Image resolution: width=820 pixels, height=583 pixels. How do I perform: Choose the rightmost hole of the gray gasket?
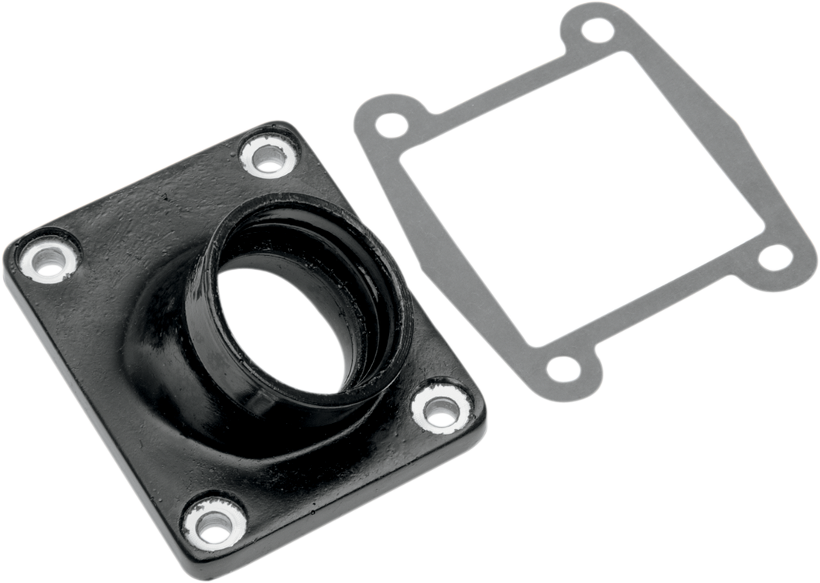(773, 257)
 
